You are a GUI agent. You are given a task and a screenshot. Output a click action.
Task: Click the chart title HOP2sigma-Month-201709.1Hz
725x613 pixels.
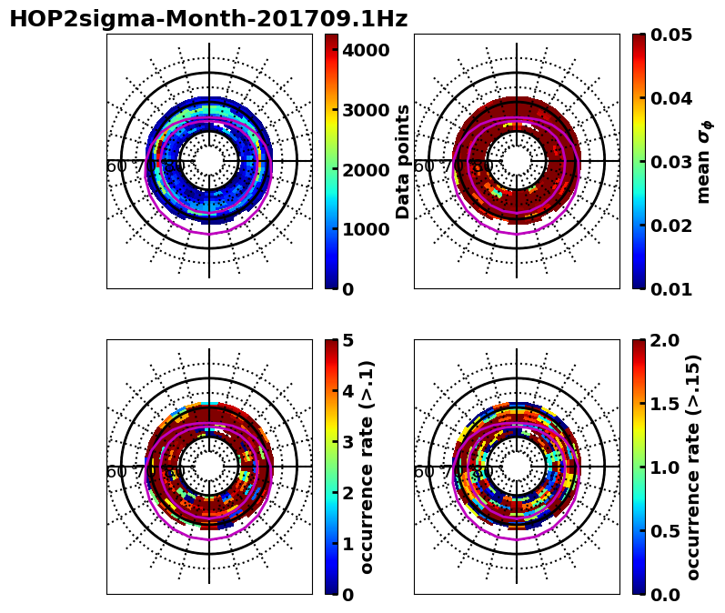pos(208,19)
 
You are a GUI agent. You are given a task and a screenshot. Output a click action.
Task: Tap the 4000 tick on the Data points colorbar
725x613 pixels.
pos(367,50)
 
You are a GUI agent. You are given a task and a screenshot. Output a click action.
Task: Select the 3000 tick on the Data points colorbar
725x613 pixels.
pos(367,110)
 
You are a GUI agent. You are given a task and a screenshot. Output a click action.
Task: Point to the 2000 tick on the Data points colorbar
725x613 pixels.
pos(367,169)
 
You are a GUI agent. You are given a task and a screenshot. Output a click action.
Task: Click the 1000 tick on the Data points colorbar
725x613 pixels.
pos(367,229)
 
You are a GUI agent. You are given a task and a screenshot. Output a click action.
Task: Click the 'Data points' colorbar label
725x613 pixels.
pos(403,161)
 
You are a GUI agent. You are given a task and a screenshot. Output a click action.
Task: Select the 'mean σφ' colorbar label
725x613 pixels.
pos(704,162)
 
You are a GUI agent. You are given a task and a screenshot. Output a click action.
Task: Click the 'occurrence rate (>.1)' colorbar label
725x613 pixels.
pos(368,467)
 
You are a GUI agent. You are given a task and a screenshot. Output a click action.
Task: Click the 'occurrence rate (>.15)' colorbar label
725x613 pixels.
pos(693,467)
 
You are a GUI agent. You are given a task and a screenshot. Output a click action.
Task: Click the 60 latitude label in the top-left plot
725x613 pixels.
pos(116,166)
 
